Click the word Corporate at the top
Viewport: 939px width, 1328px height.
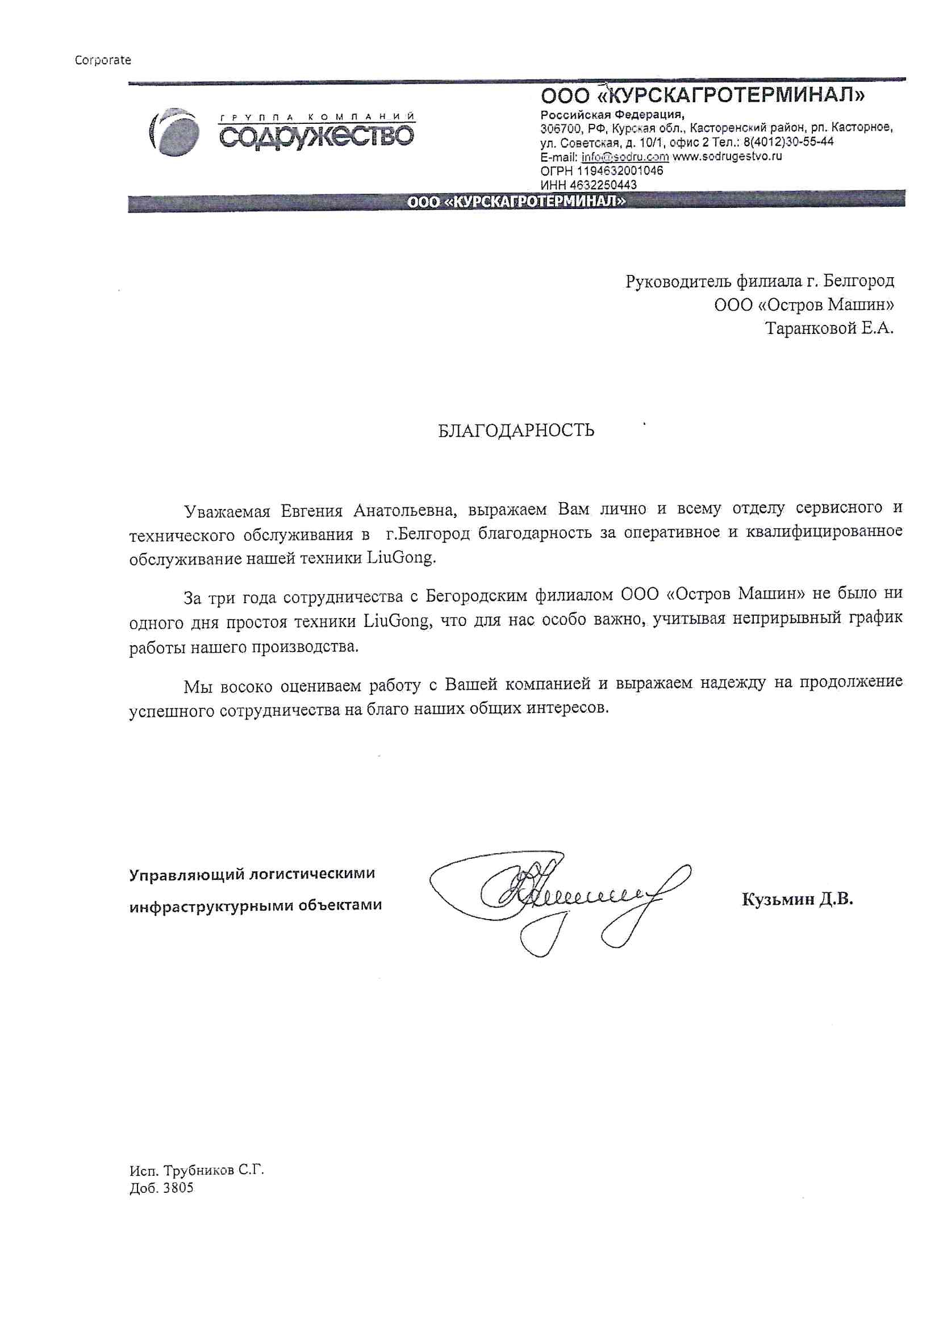click(x=103, y=60)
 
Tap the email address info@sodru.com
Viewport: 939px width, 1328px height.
click(x=625, y=157)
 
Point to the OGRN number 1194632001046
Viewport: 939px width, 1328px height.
click(x=620, y=171)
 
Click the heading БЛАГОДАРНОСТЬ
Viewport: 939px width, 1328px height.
click(x=515, y=431)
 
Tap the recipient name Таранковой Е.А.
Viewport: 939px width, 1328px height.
click(x=829, y=328)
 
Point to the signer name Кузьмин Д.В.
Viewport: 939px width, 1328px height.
click(x=797, y=899)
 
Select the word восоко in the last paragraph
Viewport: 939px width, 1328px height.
click(x=246, y=687)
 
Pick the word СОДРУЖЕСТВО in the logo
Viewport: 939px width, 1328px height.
click(x=316, y=136)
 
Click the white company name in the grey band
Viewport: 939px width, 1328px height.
click(x=516, y=202)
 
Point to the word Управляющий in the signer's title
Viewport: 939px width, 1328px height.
click(x=185, y=874)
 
